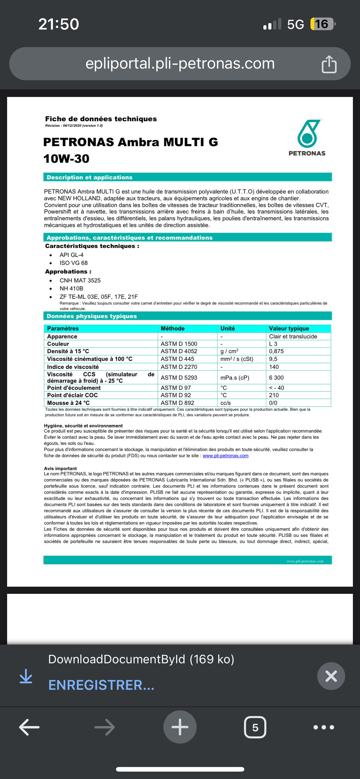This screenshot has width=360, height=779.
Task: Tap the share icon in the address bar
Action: [x=329, y=64]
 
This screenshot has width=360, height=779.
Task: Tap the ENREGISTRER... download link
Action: [x=101, y=685]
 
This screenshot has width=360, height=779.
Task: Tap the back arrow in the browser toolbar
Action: [x=29, y=727]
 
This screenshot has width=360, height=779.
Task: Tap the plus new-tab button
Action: [x=180, y=727]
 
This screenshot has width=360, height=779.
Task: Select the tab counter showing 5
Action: [x=255, y=727]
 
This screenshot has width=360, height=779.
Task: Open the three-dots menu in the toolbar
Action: [x=323, y=727]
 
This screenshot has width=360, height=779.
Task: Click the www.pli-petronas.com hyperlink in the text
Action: [x=226, y=456]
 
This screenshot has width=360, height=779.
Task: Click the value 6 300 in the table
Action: [x=276, y=378]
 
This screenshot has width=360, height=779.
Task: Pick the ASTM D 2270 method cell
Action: [x=179, y=367]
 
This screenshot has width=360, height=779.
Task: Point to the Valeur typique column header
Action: [x=289, y=328]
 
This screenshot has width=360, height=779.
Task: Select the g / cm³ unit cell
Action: [x=229, y=351]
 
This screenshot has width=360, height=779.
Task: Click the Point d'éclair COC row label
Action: [x=72, y=395]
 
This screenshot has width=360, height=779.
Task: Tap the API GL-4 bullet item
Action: [x=71, y=255]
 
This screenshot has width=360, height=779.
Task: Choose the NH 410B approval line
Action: [x=71, y=288]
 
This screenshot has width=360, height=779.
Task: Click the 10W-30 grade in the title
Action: [x=66, y=159]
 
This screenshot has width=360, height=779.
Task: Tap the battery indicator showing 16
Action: [x=322, y=24]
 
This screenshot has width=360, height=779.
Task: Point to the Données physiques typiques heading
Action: [x=92, y=316]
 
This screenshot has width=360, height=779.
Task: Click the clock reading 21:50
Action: [x=58, y=24]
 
